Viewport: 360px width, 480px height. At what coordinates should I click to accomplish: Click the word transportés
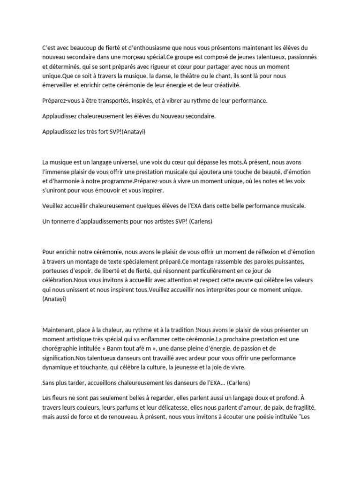(x=114, y=101)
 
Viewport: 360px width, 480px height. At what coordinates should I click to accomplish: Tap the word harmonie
(x=70, y=180)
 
